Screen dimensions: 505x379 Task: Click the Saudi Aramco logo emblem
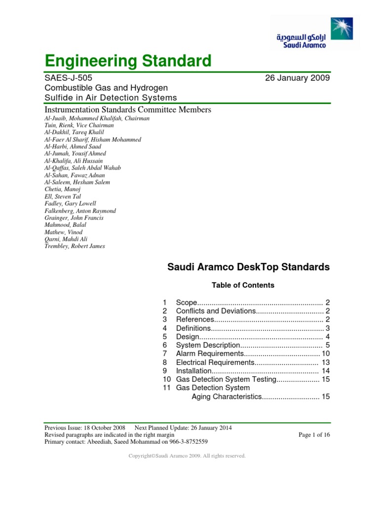pos(341,29)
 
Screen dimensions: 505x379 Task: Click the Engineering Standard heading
pos(128,61)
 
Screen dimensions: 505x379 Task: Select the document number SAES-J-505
pos(68,78)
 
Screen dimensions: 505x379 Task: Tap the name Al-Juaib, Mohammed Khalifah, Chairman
pos(97,118)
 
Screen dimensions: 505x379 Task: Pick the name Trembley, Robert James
pos(75,246)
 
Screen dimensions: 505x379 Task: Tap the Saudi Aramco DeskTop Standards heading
pos(248,267)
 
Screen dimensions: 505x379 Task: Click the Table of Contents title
pos(243,285)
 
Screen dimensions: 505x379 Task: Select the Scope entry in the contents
pos(187,302)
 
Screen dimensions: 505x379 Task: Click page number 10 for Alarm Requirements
pos(325,354)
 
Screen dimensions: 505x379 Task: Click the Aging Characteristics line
pos(226,397)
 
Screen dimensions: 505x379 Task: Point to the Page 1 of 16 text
pos(314,434)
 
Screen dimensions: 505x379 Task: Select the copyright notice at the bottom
pos(187,456)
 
